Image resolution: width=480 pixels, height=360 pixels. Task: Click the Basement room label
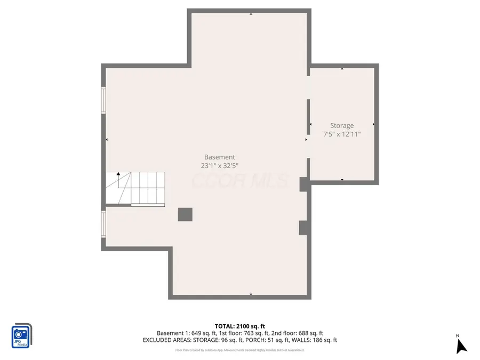[219, 157]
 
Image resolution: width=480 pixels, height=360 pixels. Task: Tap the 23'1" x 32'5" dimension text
[219, 166]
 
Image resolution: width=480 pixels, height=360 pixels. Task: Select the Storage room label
[341, 126]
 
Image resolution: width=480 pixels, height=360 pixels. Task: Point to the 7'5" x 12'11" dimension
[341, 134]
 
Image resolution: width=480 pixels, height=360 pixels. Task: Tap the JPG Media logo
[21, 336]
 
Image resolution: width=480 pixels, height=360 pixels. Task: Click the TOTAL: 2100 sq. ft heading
[239, 326]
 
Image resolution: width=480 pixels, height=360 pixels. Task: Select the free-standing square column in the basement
[185, 214]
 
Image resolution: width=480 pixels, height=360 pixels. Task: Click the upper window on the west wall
[104, 100]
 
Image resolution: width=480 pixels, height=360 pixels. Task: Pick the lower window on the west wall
[104, 223]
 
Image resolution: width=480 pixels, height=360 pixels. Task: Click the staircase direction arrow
[118, 174]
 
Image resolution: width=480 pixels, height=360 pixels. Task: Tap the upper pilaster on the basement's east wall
[303, 184]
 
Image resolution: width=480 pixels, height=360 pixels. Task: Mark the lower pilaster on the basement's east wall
[303, 228]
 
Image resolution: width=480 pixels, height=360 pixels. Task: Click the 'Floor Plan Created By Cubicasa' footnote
[239, 350]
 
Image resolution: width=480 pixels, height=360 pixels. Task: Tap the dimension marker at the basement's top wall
[251, 14]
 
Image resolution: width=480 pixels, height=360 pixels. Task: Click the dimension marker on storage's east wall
[373, 124]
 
